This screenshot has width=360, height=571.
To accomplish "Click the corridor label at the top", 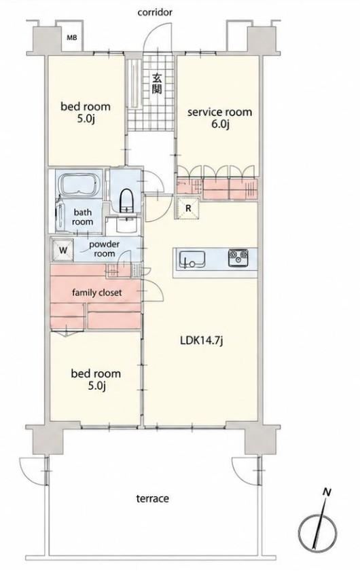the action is point(154,13).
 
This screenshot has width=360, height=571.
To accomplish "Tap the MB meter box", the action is point(72,37).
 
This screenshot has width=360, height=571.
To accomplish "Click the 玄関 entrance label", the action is point(157,84).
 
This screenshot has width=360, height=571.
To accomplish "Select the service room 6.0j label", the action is point(219,117).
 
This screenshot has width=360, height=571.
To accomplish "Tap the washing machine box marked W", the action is point(62,250).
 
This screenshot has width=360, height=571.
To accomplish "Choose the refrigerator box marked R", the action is point(188,208).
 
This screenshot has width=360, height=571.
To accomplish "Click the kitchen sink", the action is point(192,259).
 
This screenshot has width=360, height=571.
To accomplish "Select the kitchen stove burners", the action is point(238,258).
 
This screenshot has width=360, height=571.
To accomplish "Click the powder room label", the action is point(105,248).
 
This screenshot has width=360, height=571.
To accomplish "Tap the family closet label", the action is point(97,293).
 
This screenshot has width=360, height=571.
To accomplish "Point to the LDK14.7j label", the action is point(202,341).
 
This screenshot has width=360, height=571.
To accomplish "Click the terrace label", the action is point(152,498).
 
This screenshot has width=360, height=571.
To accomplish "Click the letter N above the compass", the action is point(327,493).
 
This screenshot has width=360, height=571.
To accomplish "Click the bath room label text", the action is point(82,217).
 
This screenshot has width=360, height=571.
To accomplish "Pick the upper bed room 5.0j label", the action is point(86,113).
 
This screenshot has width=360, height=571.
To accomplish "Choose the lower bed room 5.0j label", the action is point(96,380).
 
